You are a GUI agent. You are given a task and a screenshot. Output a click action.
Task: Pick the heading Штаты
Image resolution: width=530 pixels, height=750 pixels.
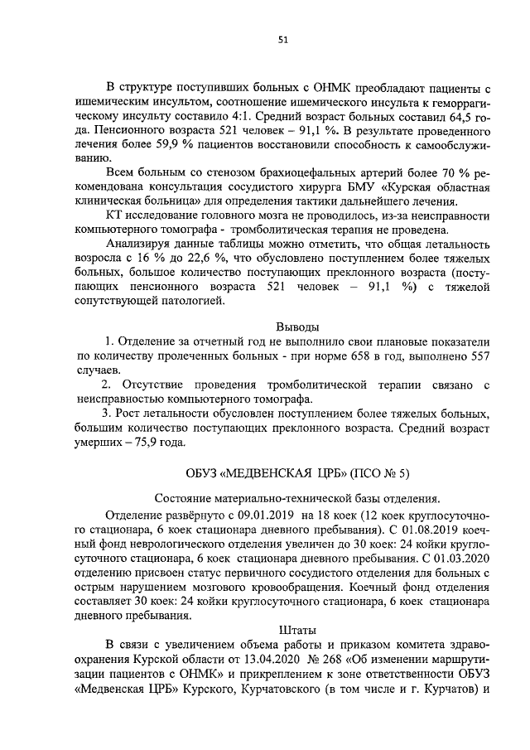point(296,631)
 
